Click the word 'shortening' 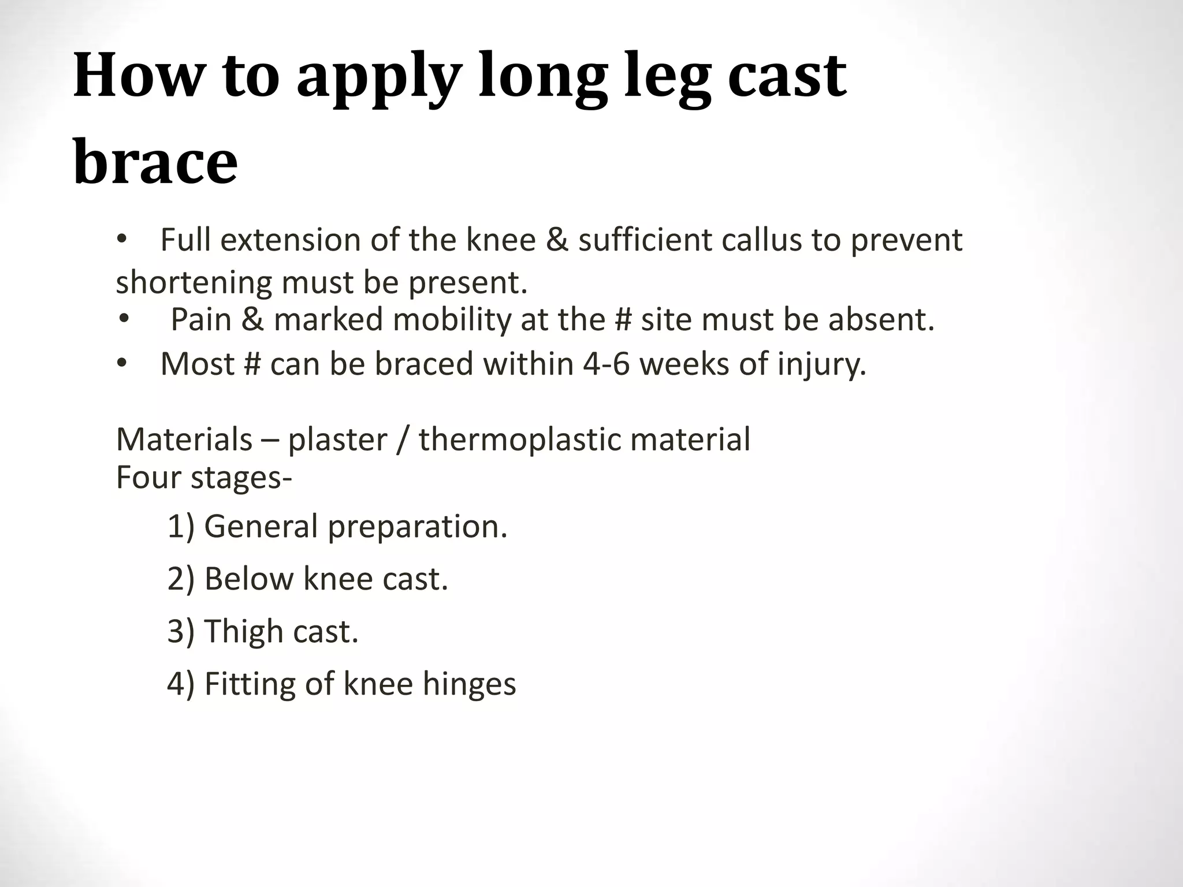tap(194, 283)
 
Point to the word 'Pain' tap(201, 319)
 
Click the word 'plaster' tap(337, 440)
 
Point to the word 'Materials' tap(184, 439)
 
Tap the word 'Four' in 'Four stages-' tap(148, 478)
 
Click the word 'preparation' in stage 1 tap(417, 527)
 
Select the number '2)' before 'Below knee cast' tap(181, 579)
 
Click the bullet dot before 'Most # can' tap(121, 364)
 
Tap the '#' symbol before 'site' tap(623, 319)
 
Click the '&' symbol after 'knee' tap(557, 240)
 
